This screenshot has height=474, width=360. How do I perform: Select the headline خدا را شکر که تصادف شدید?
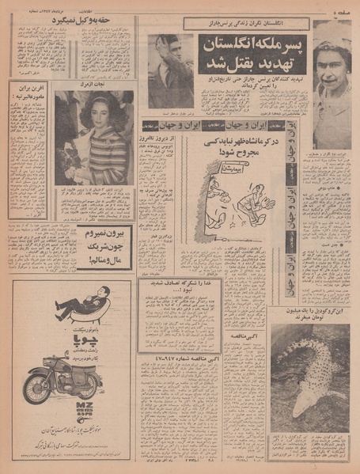click(178, 308)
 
